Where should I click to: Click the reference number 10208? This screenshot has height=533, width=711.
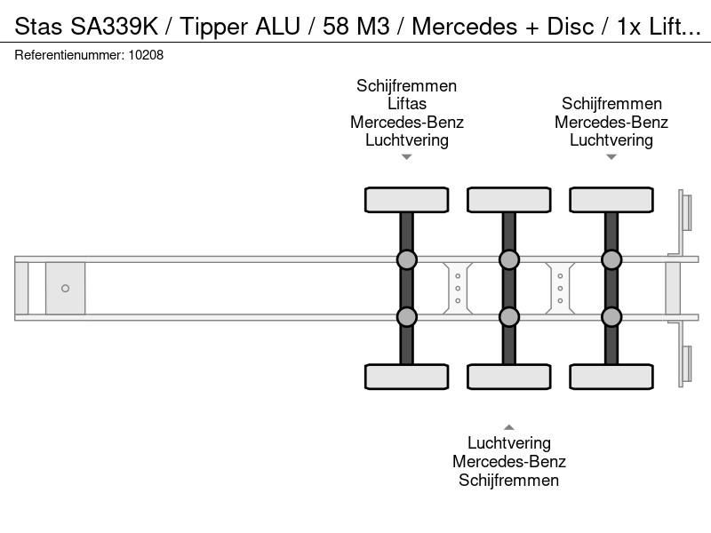click(146, 55)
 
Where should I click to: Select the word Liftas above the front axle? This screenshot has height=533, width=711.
click(407, 104)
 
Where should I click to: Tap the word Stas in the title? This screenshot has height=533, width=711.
click(38, 27)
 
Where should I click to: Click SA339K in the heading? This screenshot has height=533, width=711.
click(115, 27)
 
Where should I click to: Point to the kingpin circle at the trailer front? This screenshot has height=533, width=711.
click(65, 288)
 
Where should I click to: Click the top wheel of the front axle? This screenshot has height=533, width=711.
click(407, 200)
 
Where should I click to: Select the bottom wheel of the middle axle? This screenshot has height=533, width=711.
click(509, 377)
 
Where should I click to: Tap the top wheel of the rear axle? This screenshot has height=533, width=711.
click(611, 200)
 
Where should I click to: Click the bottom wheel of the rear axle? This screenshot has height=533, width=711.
click(611, 377)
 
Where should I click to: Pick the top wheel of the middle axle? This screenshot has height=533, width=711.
click(509, 200)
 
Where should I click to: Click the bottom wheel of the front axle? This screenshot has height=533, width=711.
click(407, 377)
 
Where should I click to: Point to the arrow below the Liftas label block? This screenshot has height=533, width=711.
click(407, 157)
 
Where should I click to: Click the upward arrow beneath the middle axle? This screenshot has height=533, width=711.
click(509, 427)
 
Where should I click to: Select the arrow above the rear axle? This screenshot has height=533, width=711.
click(611, 157)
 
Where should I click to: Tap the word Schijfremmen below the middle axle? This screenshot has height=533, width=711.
click(508, 481)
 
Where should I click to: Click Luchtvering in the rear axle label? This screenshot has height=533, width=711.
click(611, 140)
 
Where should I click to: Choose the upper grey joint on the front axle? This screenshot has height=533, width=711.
click(407, 259)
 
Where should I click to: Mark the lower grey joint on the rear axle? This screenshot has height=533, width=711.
click(611, 317)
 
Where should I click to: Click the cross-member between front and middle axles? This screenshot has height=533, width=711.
click(458, 288)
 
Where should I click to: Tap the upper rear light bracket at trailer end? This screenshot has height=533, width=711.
click(685, 212)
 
